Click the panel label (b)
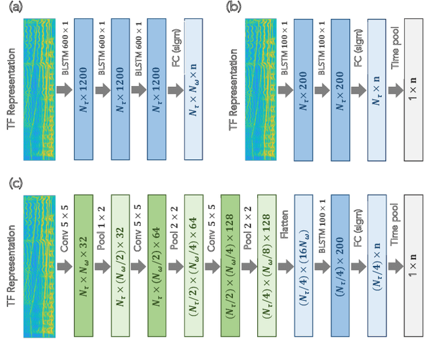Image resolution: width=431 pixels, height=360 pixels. click(232, 7)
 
